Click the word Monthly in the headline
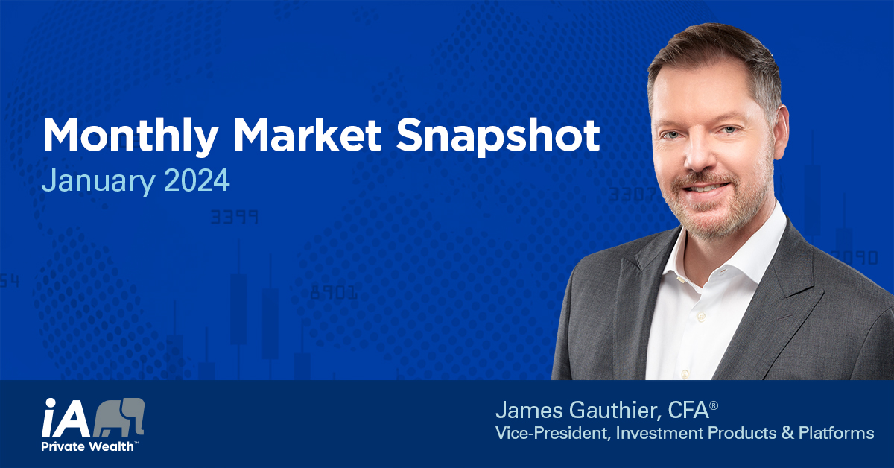click(x=130, y=136)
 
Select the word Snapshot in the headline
click(x=498, y=136)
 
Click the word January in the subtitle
click(x=98, y=180)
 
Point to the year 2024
click(x=197, y=180)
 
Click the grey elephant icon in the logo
click(x=119, y=417)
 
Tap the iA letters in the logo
click(x=66, y=417)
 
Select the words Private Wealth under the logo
click(x=87, y=446)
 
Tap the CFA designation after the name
click(x=688, y=411)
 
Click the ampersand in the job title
click(x=787, y=433)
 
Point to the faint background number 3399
click(x=234, y=217)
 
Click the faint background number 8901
click(x=334, y=293)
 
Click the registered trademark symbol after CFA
click(x=714, y=405)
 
